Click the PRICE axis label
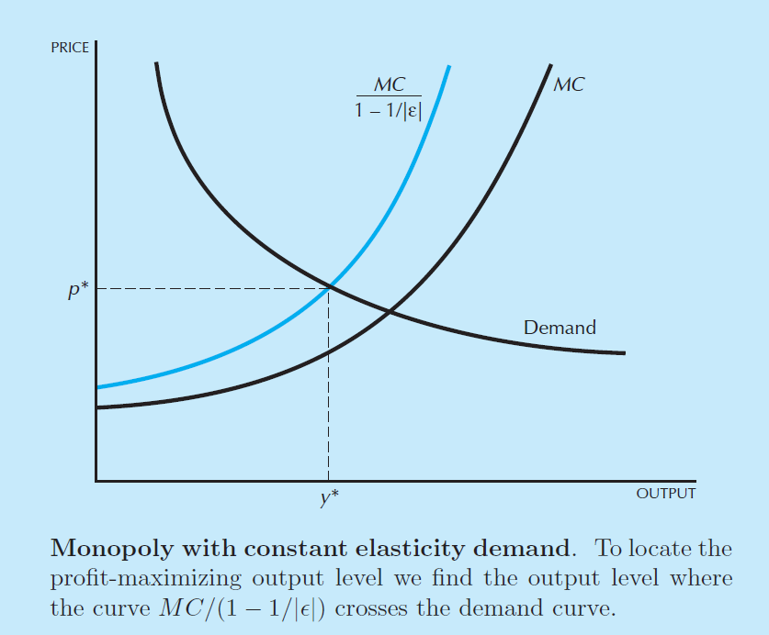tap(71, 48)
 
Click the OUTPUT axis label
tap(665, 494)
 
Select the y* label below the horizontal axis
tap(329, 498)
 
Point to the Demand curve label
tap(560, 327)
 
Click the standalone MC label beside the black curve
tap(570, 85)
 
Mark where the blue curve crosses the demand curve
tap(329, 288)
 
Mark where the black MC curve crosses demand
tap(390, 313)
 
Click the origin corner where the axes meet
tap(96, 480)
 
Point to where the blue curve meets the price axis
tap(96, 387)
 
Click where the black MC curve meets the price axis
tap(96, 407)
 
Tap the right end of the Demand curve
tap(624, 353)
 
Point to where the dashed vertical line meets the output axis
tap(329, 480)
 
